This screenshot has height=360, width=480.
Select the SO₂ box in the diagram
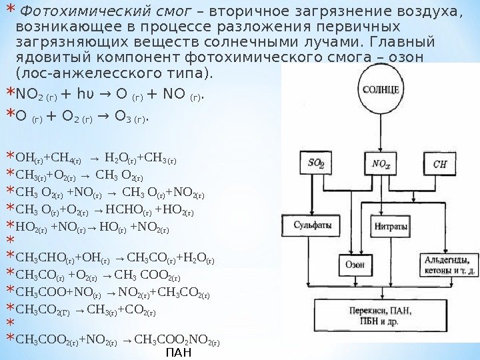316,164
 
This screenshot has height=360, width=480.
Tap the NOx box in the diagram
381,164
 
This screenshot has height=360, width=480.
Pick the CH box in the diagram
440,164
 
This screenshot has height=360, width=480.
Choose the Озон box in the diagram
354,263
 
